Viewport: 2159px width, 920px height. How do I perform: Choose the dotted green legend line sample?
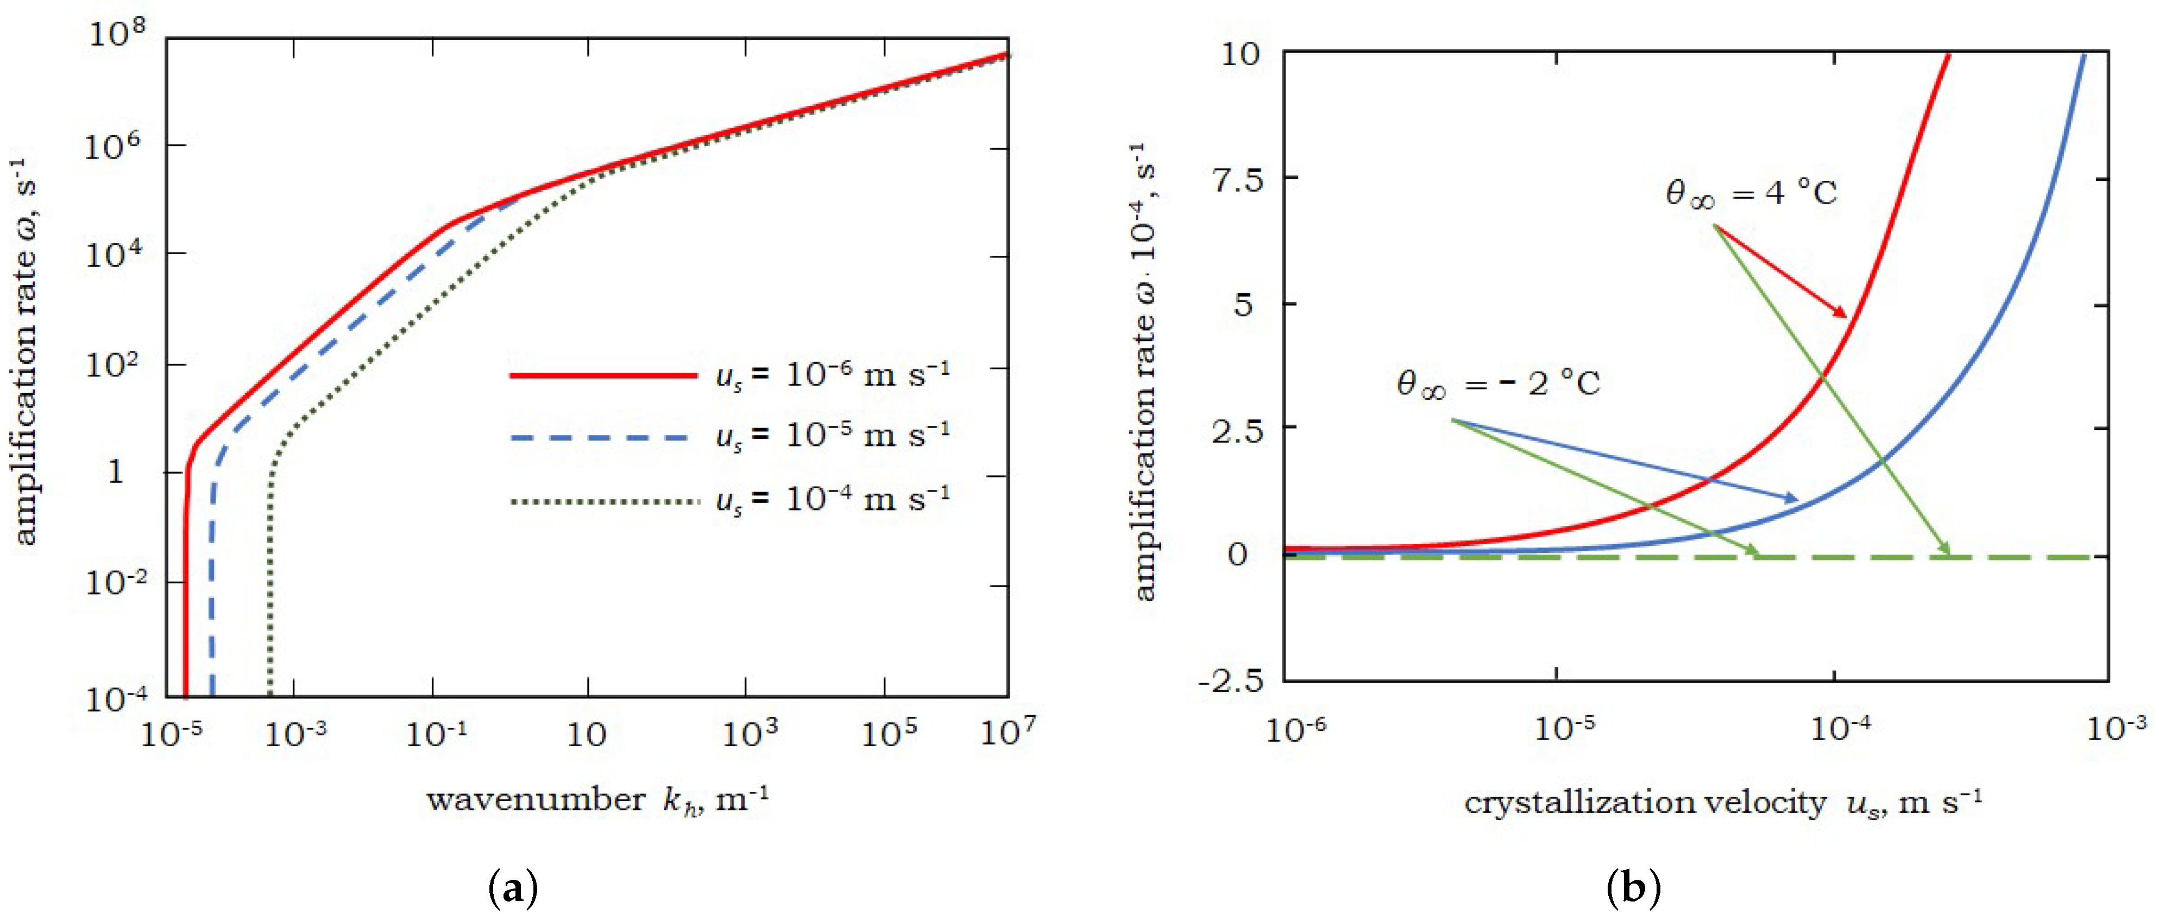point(603,502)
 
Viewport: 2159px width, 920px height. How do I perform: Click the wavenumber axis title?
point(597,800)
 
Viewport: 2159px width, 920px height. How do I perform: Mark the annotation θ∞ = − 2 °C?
point(1498,384)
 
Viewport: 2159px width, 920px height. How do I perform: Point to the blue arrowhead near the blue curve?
point(1791,499)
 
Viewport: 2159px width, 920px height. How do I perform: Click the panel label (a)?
point(512,887)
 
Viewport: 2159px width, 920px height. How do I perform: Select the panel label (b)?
point(1633,887)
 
